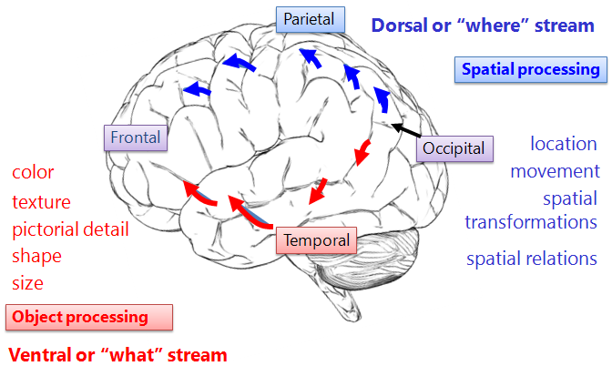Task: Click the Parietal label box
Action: tap(309, 18)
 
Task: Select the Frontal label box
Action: tap(136, 138)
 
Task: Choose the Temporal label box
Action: tap(316, 240)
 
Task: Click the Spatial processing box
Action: tap(530, 69)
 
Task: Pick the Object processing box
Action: tap(89, 317)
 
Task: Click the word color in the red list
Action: tap(33, 172)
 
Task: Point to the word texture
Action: tap(41, 201)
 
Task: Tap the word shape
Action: tap(36, 256)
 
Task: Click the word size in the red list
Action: tap(27, 283)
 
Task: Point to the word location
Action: tap(564, 144)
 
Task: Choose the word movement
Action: tap(555, 171)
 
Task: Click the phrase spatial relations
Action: tap(532, 259)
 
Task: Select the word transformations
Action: tap(531, 222)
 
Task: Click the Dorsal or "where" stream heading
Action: tap(483, 25)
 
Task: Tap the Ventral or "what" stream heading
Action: tap(117, 354)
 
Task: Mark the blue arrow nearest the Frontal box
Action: tap(197, 89)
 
